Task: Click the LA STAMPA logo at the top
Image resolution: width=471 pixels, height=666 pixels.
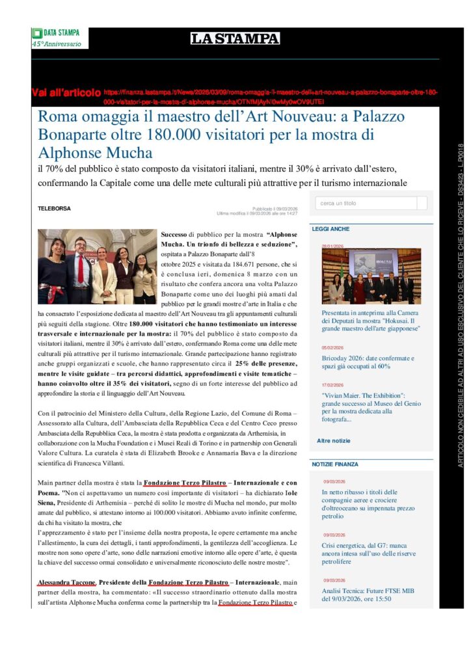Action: (235, 38)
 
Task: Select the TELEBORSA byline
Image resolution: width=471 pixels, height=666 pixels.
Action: (54, 209)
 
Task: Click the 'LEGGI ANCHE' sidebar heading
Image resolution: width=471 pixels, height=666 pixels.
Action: (330, 229)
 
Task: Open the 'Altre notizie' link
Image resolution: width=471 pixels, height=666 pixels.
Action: (333, 440)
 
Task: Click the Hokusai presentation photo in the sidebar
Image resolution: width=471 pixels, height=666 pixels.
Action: (371, 276)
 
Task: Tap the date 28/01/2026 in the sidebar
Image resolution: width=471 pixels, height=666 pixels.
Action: (332, 246)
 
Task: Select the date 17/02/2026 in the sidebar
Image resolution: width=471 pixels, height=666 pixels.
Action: (332, 385)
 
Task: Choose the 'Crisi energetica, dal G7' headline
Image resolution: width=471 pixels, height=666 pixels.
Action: (368, 553)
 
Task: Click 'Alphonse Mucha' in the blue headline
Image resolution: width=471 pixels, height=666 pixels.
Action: (95, 153)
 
